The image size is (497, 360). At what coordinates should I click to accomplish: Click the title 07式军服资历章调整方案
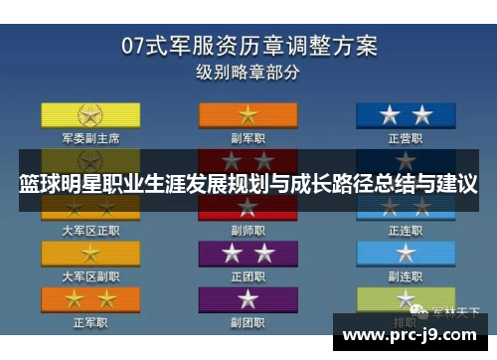248,44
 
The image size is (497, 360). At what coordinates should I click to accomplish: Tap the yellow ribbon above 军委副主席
90,115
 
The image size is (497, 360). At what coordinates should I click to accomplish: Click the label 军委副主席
90,138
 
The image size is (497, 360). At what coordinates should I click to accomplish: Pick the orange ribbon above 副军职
248,115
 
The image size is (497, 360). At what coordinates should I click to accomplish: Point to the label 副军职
248,138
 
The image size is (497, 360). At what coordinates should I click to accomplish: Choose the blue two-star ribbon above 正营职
407,115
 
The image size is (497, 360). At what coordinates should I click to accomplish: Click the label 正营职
407,138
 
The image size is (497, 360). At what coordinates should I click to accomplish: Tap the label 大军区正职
90,230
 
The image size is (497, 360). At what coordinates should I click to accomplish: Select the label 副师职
248,230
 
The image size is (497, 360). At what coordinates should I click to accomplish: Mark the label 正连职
407,230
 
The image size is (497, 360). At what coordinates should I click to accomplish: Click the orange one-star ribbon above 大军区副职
90,253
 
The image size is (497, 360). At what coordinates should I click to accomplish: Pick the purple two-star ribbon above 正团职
248,253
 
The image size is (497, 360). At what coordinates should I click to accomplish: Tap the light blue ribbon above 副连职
407,253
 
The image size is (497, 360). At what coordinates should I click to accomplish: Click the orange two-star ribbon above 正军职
90,299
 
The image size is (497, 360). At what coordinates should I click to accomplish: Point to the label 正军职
90,322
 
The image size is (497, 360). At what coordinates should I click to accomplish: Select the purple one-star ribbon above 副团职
248,299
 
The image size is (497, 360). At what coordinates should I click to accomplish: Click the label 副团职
248,322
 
